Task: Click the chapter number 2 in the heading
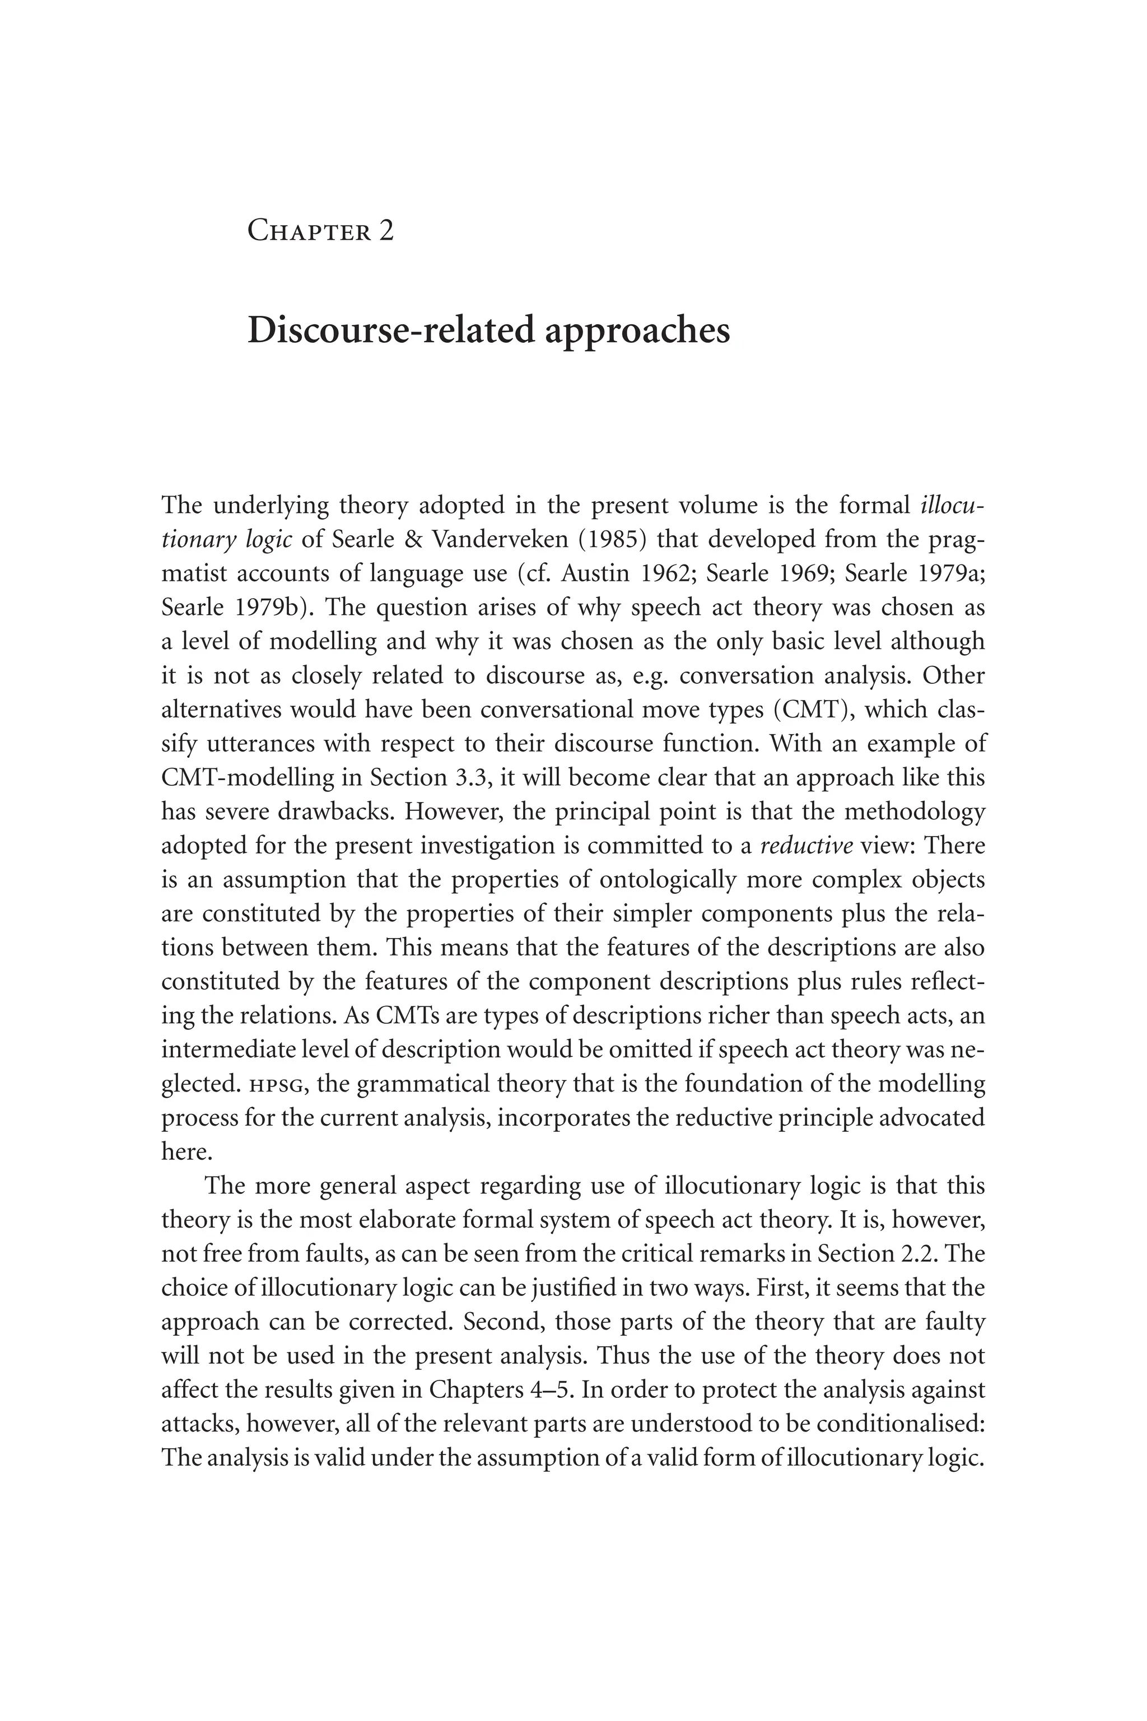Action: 386,231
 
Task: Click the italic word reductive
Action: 807,846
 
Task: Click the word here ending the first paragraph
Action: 186,1152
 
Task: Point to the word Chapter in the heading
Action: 309,231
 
